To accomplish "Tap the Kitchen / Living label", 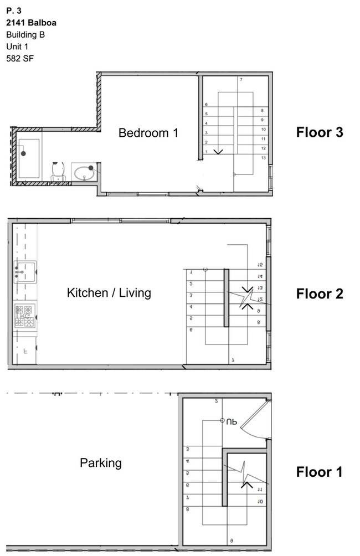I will (109, 292).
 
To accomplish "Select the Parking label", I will (101, 462).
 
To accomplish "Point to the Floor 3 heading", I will (320, 132).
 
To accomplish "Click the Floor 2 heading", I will (320, 294).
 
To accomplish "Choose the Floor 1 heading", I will (320, 472).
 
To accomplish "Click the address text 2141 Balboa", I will (31, 23).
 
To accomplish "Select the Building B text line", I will (25, 34).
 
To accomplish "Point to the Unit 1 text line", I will (17, 46).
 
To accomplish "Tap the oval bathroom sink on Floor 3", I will (85, 173).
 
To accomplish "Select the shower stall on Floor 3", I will (28, 158).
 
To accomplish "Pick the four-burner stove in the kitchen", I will (25, 316).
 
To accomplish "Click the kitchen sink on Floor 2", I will (25, 271).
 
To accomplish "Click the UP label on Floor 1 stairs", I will (231, 421).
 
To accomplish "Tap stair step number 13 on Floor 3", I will (263, 158).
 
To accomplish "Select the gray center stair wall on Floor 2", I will (226, 297).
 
